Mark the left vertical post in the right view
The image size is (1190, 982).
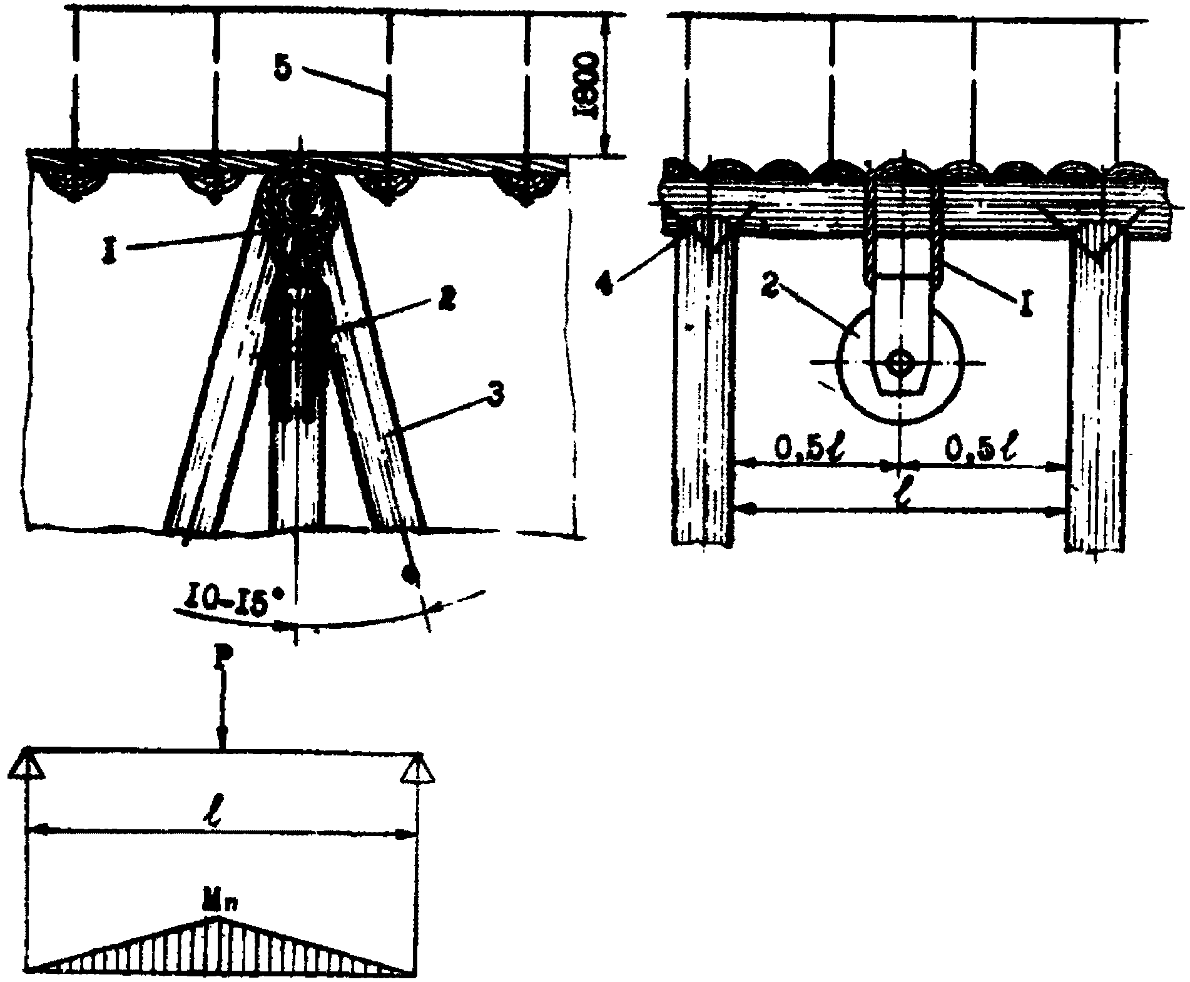click(x=705, y=388)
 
